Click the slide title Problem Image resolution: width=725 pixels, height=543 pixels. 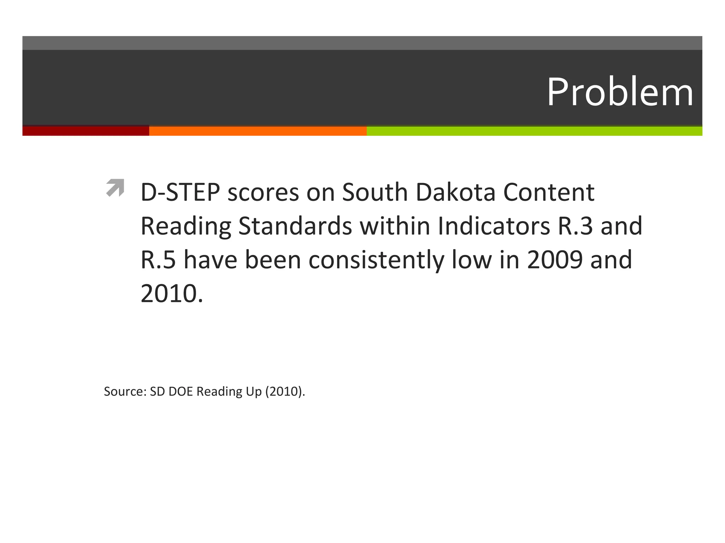(x=620, y=92)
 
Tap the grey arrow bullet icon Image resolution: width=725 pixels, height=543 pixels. (x=115, y=188)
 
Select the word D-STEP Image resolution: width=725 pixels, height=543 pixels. (x=180, y=193)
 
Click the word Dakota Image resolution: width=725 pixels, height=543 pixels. (x=455, y=193)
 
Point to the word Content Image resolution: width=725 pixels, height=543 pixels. (x=549, y=193)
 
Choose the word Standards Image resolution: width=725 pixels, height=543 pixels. (x=295, y=226)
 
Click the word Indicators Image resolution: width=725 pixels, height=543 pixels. (x=494, y=226)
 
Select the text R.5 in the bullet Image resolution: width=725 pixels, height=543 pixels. (x=158, y=260)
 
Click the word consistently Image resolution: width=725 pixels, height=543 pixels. (x=376, y=260)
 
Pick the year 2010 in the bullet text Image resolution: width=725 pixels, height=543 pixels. (x=169, y=293)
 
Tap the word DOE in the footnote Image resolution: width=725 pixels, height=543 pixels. (x=181, y=392)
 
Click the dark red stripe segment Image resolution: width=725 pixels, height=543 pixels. (x=86, y=131)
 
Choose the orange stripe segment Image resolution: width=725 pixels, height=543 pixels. (x=258, y=131)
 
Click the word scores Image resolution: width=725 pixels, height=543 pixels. (x=263, y=193)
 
